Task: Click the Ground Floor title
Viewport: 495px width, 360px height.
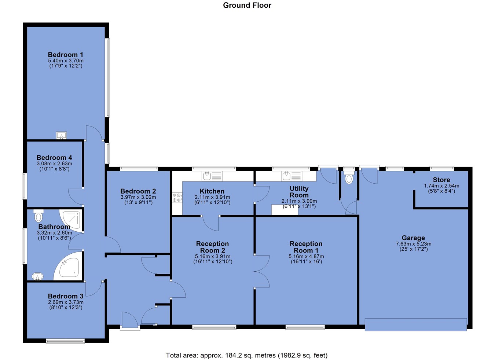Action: tap(247, 5)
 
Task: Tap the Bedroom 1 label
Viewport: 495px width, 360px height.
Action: tap(66, 55)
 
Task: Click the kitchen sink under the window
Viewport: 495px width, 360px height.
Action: tap(212, 176)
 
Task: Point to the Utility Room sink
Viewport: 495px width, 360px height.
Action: tap(292, 176)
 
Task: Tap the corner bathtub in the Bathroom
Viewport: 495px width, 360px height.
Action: tap(68, 266)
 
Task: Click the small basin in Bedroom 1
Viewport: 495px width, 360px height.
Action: tap(62, 136)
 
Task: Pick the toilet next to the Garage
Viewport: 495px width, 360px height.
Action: tap(349, 177)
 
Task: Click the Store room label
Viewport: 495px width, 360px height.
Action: tap(441, 180)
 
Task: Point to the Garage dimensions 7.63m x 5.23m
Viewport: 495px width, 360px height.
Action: tap(414, 244)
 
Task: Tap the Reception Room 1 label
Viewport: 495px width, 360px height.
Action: tap(306, 247)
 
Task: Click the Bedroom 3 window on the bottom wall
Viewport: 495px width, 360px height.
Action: tap(65, 341)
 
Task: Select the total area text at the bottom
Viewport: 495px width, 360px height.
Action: tap(247, 355)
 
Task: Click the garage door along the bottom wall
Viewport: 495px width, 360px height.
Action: tap(416, 325)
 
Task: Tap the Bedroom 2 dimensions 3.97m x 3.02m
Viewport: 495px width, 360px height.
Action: tap(138, 197)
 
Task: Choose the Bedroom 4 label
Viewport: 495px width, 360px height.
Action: tap(54, 158)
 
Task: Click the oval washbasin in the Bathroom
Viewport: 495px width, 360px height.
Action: tap(37, 276)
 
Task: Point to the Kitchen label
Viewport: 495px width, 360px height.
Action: tap(212, 191)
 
